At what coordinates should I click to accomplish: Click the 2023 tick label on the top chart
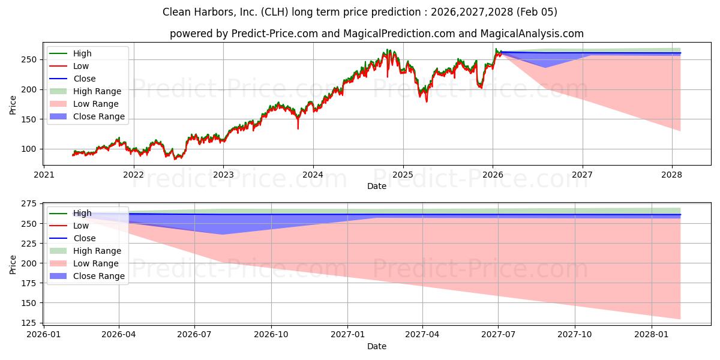[223, 175]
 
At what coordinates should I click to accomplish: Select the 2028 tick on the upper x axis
[672, 175]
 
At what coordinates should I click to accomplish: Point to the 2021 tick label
[43, 175]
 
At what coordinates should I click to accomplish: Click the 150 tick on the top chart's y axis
[31, 119]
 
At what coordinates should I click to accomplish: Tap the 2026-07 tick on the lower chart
[196, 334]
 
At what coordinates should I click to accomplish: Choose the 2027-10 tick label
[575, 334]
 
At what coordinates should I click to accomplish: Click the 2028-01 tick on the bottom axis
[650, 334]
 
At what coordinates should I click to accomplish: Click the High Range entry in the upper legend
[97, 91]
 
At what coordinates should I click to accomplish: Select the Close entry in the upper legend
[85, 79]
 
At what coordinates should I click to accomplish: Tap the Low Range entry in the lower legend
[96, 263]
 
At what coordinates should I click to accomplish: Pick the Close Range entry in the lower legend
[99, 276]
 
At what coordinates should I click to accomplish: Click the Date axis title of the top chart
[377, 186]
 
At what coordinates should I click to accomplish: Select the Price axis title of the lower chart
[13, 264]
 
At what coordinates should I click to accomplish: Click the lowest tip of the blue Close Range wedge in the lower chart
[223, 234]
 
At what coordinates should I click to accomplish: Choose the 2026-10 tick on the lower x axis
[271, 334]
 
